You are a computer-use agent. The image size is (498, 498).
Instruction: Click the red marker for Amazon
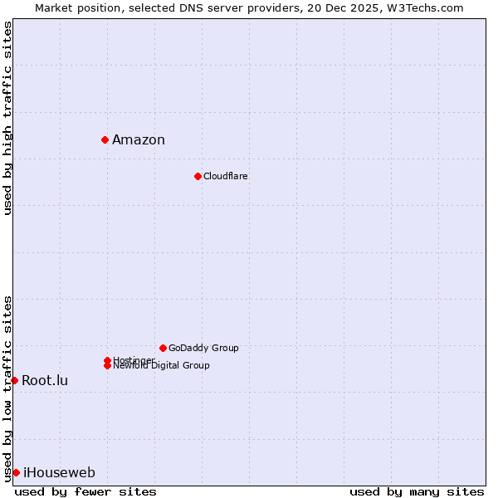pyautogui.click(x=105, y=139)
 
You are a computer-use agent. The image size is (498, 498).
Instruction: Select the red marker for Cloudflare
pyautogui.click(x=198, y=176)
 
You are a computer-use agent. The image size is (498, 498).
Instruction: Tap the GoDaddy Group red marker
pyautogui.click(x=163, y=348)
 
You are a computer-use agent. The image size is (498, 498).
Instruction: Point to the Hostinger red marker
pyautogui.click(x=107, y=360)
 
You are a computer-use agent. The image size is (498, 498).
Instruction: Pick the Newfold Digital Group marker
pyautogui.click(x=107, y=365)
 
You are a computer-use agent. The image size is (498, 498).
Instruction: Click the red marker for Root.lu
pyautogui.click(x=14, y=380)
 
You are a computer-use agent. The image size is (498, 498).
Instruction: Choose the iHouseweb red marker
pyautogui.click(x=16, y=472)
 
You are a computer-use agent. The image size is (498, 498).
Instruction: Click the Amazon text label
pyautogui.click(x=139, y=139)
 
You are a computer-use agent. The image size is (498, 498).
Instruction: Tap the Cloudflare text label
pyautogui.click(x=226, y=176)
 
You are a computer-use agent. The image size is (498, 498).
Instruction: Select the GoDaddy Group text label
pyautogui.click(x=203, y=348)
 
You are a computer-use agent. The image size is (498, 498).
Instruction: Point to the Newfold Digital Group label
pyautogui.click(x=161, y=366)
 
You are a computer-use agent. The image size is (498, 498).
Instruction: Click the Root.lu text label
pyautogui.click(x=45, y=380)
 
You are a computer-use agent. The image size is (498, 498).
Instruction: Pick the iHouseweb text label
pyautogui.click(x=59, y=473)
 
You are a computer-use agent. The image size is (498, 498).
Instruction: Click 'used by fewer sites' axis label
pyautogui.click(x=85, y=491)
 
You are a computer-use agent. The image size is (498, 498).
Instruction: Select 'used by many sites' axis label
pyautogui.click(x=417, y=491)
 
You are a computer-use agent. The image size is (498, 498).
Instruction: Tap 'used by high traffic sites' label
pyautogui.click(x=7, y=118)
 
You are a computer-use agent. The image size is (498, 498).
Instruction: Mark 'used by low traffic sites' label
pyautogui.click(x=7, y=388)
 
